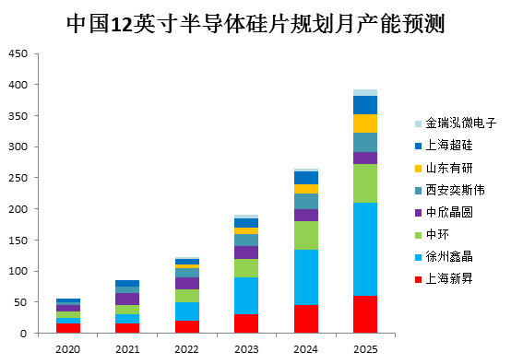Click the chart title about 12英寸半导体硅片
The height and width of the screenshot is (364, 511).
click(x=255, y=24)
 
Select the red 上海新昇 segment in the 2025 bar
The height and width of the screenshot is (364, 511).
click(x=365, y=314)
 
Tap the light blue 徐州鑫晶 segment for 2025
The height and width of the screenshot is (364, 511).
click(x=365, y=249)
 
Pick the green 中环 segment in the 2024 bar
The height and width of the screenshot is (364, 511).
click(x=306, y=235)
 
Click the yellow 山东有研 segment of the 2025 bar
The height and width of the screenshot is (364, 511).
click(x=365, y=123)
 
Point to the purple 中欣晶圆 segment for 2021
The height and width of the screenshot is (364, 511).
click(x=127, y=299)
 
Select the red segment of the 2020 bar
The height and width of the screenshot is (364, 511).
click(x=68, y=328)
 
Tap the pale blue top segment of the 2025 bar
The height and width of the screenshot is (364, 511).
click(x=365, y=92)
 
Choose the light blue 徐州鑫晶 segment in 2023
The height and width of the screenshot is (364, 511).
click(x=246, y=296)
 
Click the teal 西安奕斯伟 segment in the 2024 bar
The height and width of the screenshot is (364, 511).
click(x=306, y=201)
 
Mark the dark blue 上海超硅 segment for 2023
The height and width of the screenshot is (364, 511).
click(x=246, y=223)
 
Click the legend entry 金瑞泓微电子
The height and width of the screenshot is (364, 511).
click(x=456, y=123)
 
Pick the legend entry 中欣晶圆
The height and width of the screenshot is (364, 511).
click(x=444, y=213)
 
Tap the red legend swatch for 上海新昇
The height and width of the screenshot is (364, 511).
click(x=418, y=279)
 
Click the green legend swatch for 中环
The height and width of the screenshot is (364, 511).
click(x=418, y=235)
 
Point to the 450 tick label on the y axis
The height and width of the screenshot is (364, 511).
click(x=18, y=53)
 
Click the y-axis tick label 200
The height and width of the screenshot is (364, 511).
click(x=18, y=208)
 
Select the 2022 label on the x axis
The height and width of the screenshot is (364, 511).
click(x=186, y=349)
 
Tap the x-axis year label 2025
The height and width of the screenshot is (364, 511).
click(x=365, y=349)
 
